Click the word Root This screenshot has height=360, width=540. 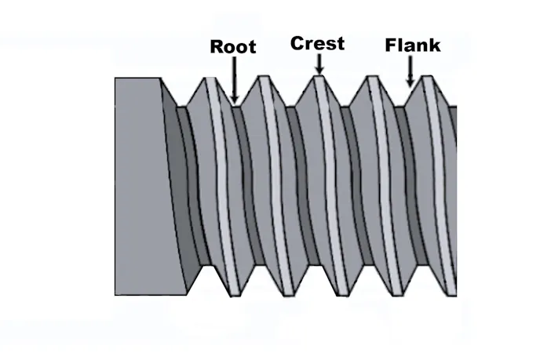point(233,46)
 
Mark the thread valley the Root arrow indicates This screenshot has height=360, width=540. point(235,105)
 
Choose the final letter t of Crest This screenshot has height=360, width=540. point(340,43)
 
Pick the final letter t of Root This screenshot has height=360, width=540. point(251,47)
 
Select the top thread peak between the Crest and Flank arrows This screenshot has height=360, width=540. point(371,78)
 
